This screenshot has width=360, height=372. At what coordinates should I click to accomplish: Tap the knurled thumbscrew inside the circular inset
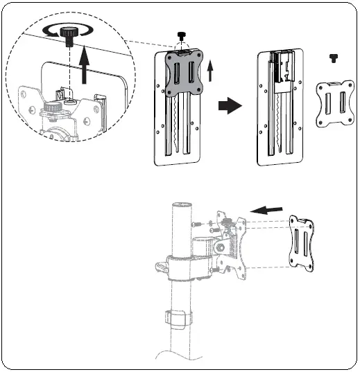coord(68,36)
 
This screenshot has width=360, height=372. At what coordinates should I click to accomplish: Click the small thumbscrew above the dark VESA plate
coord(182,37)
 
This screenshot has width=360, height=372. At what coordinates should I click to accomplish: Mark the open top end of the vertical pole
coord(181,204)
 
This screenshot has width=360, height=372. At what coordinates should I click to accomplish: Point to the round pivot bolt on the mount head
coord(221,247)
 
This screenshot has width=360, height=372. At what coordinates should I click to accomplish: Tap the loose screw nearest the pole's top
coord(198,223)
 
